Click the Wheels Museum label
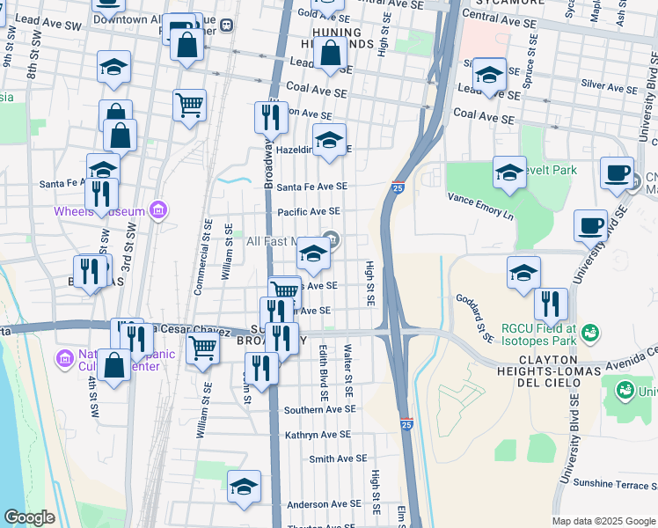pyautogui.click(x=98, y=211)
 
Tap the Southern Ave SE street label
pyautogui.click(x=320, y=409)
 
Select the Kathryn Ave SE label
pyautogui.click(x=318, y=435)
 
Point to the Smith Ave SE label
pyautogui.click(x=338, y=458)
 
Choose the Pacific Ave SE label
pyautogui.click(x=309, y=212)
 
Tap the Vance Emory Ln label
pyautogui.click(x=479, y=205)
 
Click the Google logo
pyautogui.click(x=29, y=517)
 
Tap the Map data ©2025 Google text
pyautogui.click(x=603, y=521)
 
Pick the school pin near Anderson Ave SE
pyautogui.click(x=245, y=487)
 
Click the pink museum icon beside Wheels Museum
pyautogui.click(x=158, y=210)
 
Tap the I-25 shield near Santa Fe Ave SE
pyautogui.click(x=398, y=187)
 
